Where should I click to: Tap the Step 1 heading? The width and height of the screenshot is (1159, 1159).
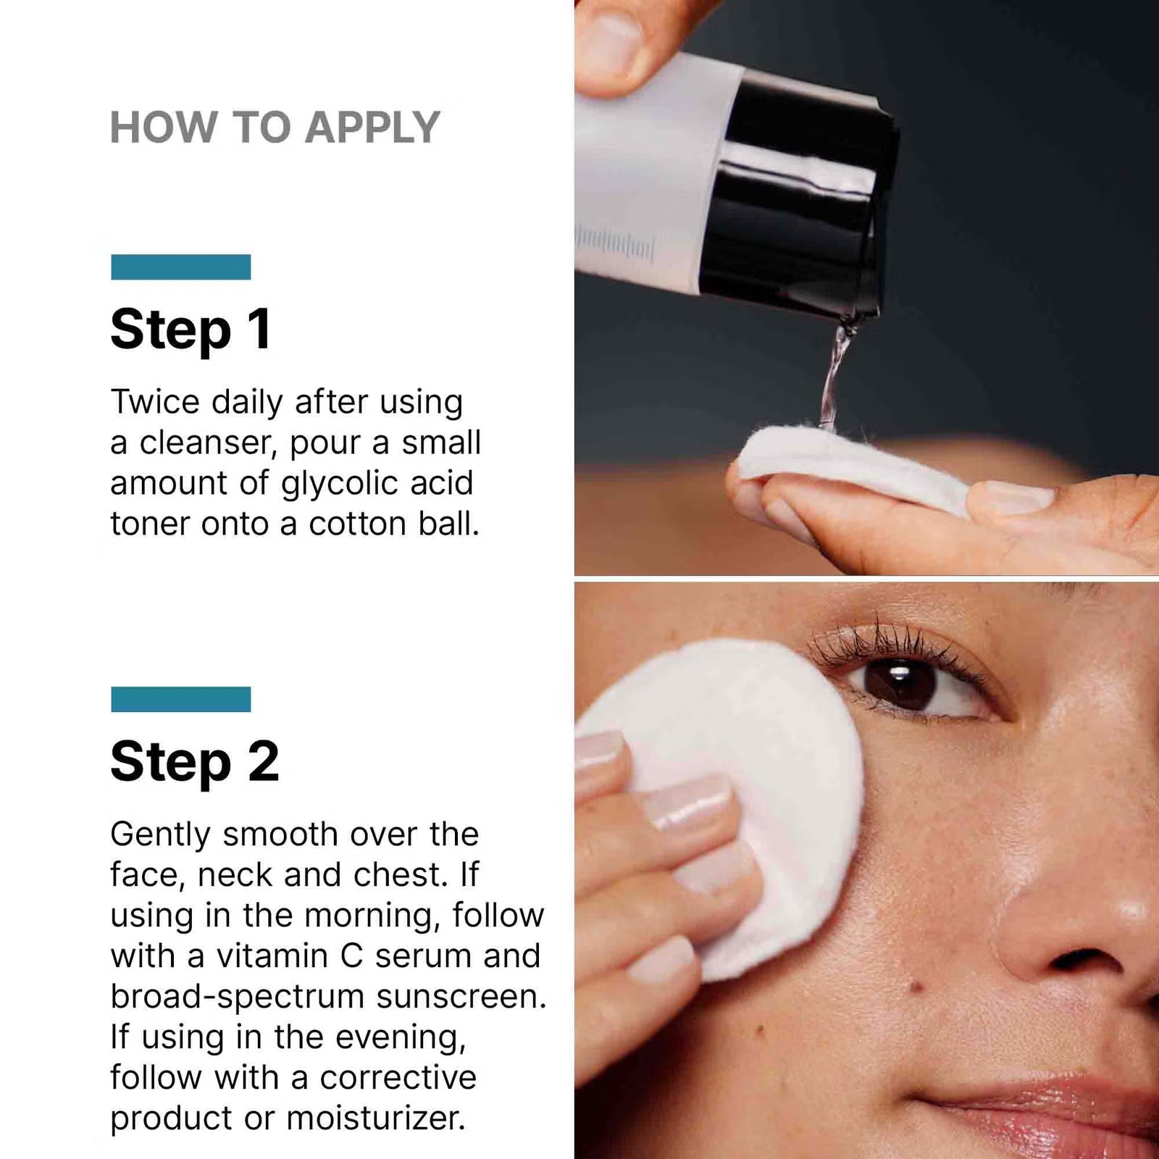[191, 330]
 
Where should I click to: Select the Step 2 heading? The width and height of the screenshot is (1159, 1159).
[194, 762]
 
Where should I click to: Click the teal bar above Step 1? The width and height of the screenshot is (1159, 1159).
[180, 267]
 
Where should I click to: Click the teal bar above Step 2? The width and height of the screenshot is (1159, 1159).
[180, 699]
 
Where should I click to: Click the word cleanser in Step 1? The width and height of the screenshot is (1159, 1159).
[208, 443]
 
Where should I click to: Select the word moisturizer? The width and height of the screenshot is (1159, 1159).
[375, 1118]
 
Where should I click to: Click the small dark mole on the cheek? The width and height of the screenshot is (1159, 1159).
[914, 986]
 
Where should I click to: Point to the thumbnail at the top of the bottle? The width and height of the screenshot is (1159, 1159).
[616, 36]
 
